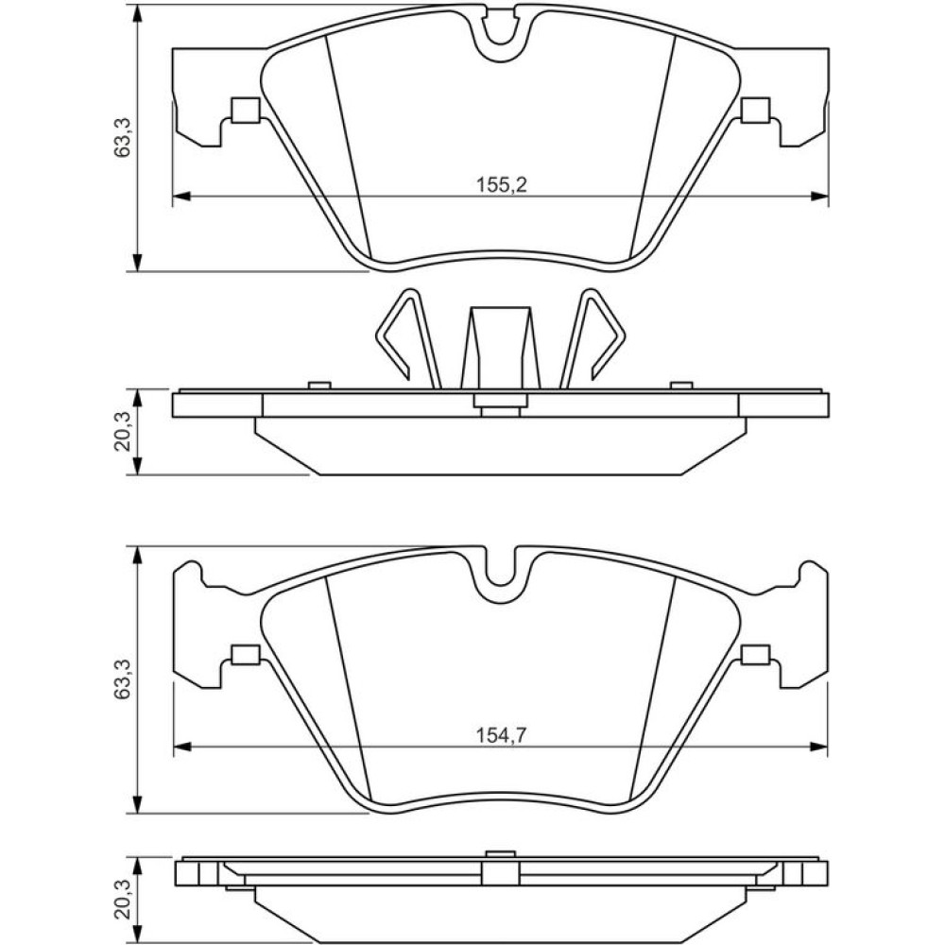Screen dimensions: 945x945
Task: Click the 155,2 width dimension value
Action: point(502,184)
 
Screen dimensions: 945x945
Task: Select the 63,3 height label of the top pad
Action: point(122,137)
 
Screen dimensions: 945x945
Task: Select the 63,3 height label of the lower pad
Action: point(122,679)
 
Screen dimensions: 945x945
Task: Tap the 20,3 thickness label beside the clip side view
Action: point(122,432)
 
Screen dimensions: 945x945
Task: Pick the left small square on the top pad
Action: point(246,111)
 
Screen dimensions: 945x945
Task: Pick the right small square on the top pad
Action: point(756,111)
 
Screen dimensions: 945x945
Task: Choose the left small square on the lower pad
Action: point(246,654)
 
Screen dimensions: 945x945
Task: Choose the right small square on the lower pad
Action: point(756,654)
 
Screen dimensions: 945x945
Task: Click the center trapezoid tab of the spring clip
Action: point(500,349)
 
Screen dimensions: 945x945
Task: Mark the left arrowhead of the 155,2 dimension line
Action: point(181,196)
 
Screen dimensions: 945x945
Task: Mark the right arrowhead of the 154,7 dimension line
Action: point(819,747)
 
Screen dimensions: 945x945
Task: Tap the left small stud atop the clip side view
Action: point(319,386)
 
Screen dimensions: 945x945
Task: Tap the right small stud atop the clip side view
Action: point(681,386)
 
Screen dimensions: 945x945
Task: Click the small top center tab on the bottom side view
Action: point(500,852)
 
